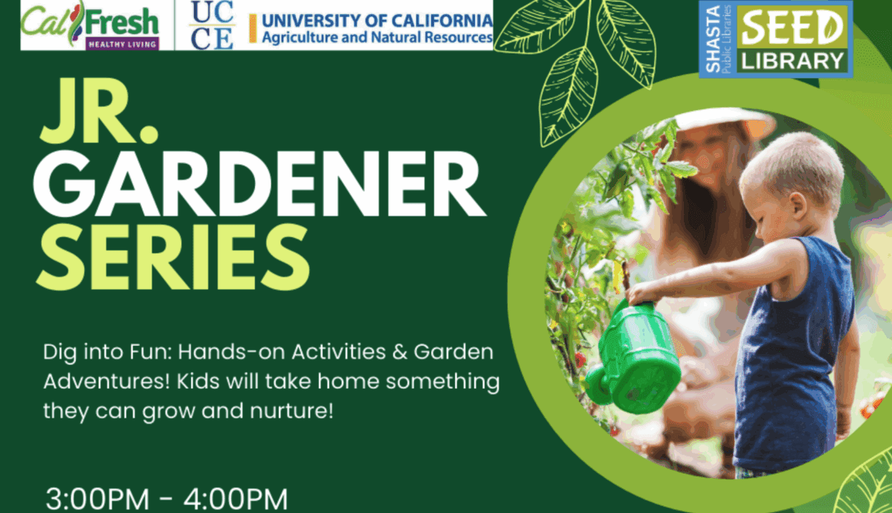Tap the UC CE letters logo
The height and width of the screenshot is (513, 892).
pos(212,25)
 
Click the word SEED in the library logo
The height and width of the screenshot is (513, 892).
pos(794,29)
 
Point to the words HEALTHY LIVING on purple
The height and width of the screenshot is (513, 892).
pos(123,45)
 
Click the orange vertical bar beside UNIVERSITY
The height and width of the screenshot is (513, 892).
pos(253,28)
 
